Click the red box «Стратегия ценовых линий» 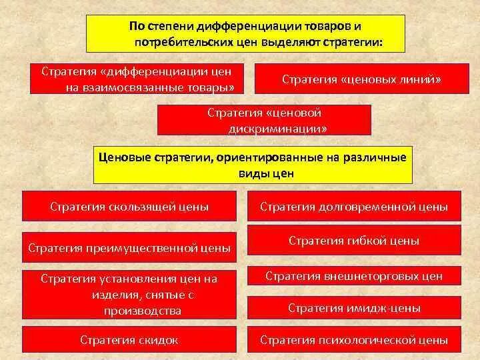pyautogui.click(x=362, y=79)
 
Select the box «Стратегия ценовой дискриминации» pyautogui.click(x=263, y=119)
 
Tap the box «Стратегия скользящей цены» pyautogui.click(x=129, y=207)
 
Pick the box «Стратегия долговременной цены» pyautogui.click(x=353, y=207)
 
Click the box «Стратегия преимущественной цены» pyautogui.click(x=129, y=248)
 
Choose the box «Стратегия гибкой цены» pyautogui.click(x=353, y=241)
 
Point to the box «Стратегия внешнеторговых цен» pyautogui.click(x=353, y=275)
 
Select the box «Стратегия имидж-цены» pyautogui.click(x=353, y=308)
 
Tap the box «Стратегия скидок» pyautogui.click(x=129, y=340)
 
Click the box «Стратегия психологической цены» pyautogui.click(x=353, y=340)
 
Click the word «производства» pyautogui.click(x=142, y=311)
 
